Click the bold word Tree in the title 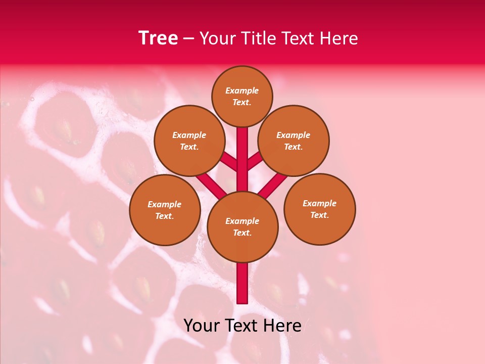[158, 38]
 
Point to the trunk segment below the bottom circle [243, 283]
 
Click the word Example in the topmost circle [242, 90]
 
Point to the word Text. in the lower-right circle [319, 215]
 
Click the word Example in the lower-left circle [164, 204]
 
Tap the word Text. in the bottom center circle [242, 233]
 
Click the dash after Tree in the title [188, 39]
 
